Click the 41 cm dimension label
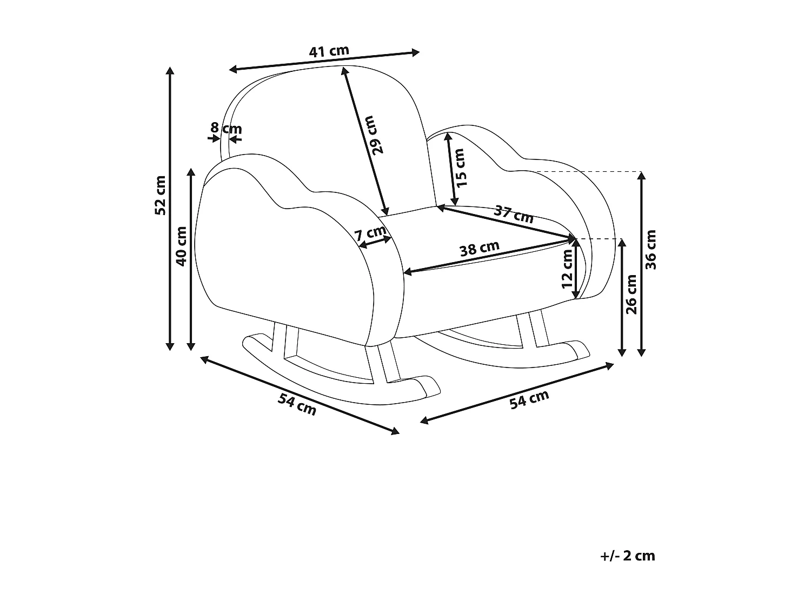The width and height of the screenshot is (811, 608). click(329, 51)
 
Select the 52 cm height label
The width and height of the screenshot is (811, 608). click(161, 196)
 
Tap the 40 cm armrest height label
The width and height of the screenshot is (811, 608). click(181, 246)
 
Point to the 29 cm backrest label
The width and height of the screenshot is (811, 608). click(375, 135)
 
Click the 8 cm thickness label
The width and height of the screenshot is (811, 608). click(226, 128)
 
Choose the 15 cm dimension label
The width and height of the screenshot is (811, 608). click(460, 168)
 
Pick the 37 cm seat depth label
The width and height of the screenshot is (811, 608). click(514, 215)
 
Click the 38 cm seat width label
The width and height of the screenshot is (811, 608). click(480, 248)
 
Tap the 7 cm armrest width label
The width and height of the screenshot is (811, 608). click(370, 233)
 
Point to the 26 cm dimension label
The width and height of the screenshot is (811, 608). click(631, 295)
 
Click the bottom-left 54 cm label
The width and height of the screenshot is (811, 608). click(297, 405)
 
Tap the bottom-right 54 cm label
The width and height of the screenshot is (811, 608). click(529, 399)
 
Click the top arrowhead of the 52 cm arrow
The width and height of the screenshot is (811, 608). click(170, 70)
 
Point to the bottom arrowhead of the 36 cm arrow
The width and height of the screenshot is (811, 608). click(641, 352)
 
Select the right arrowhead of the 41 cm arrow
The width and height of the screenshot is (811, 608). click(416, 52)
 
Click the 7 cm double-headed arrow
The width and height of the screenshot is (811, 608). click(375, 242)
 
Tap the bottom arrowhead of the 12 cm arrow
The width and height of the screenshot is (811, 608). click(576, 295)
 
